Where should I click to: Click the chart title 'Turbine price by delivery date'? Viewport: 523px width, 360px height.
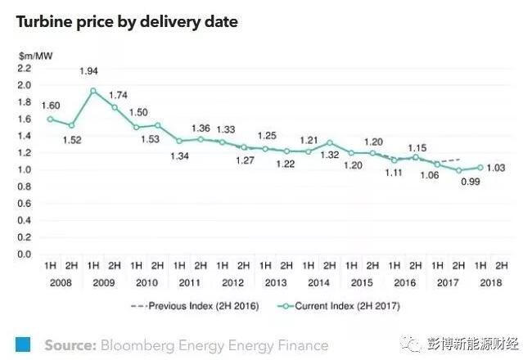tap(127, 22)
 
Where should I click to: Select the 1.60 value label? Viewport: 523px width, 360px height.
tap(51, 106)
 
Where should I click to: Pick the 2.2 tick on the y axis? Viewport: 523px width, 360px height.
tap(24, 68)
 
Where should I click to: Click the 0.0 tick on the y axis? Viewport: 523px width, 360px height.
tap(24, 254)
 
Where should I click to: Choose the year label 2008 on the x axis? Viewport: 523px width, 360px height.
tap(61, 283)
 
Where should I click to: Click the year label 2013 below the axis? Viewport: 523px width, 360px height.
tap(275, 283)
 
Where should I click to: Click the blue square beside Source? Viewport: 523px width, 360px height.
tap(23, 344)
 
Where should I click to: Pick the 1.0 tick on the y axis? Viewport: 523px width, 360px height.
tap(24, 169)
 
